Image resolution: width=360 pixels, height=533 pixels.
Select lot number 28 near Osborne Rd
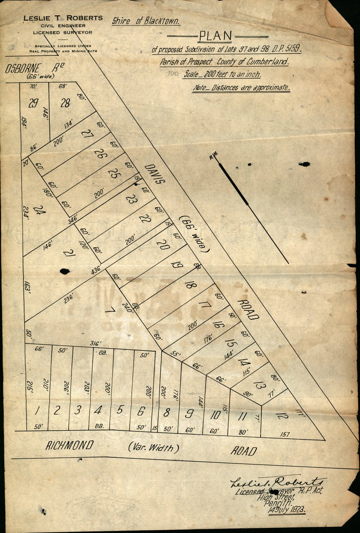65,104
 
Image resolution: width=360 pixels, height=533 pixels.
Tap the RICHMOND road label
69,446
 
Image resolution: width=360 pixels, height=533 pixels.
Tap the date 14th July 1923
286,510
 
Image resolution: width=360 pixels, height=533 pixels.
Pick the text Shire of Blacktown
145,21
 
